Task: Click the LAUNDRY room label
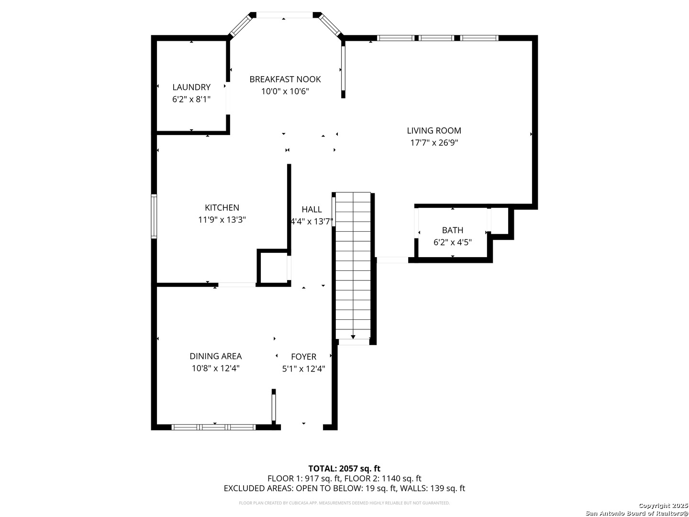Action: click(x=191, y=87)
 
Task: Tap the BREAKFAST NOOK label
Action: click(x=285, y=79)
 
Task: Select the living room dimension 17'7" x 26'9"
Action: click(x=434, y=143)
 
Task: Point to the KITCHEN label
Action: click(x=222, y=207)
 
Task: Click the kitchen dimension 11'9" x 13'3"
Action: click(x=222, y=219)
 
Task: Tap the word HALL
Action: click(x=311, y=209)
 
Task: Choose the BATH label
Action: click(x=452, y=230)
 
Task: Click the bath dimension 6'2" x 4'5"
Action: click(x=452, y=242)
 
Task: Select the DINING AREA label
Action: click(x=216, y=356)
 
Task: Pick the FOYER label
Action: click(x=303, y=357)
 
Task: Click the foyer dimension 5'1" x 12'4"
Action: click(x=303, y=369)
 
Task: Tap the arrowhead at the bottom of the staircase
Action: click(x=353, y=337)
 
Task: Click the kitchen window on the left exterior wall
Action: click(x=154, y=216)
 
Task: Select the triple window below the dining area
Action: click(x=213, y=427)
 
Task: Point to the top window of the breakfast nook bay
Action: click(x=284, y=15)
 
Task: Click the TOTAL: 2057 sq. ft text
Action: click(x=344, y=468)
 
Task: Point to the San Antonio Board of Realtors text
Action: click(x=636, y=513)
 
